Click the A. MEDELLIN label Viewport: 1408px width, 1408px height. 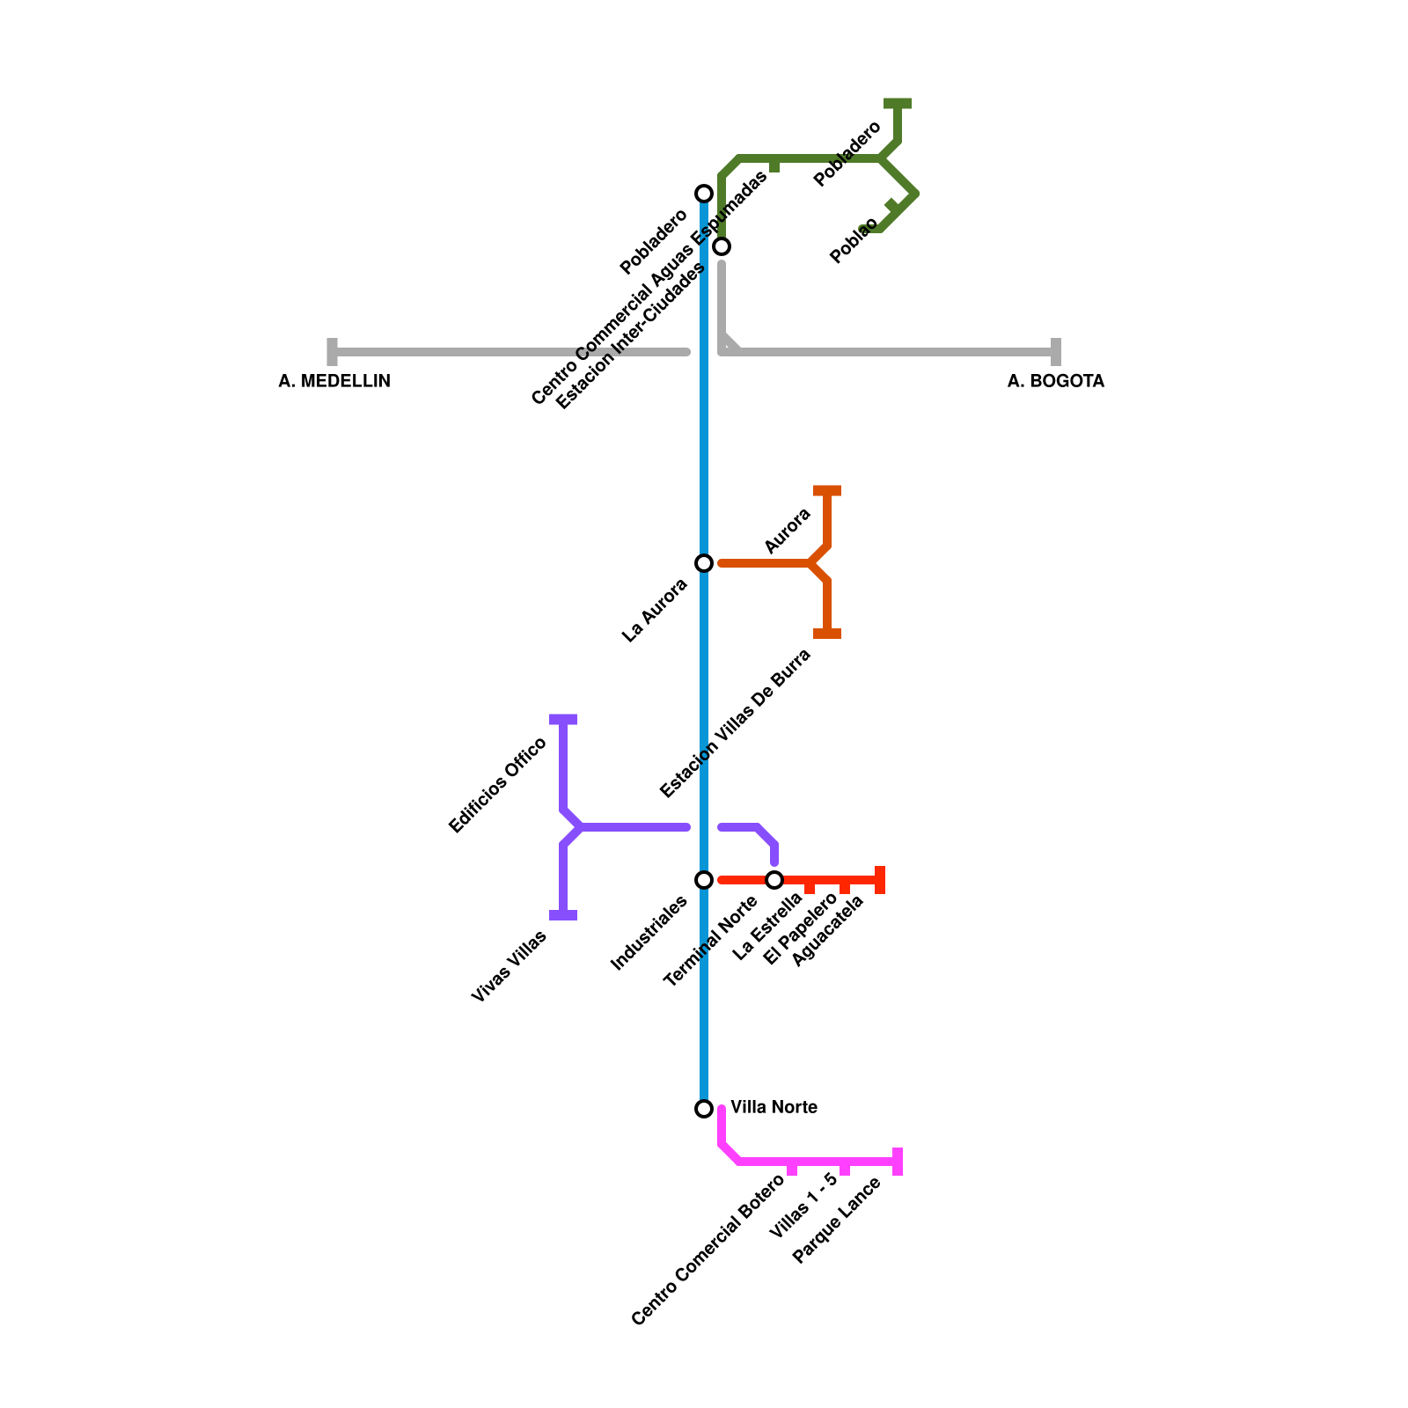point(334,381)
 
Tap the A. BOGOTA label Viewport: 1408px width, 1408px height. point(1055,381)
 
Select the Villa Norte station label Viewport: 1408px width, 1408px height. point(774,1107)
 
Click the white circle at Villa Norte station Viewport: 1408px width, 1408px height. point(704,1109)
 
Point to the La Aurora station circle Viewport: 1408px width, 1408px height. point(704,563)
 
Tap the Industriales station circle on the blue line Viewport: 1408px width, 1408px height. point(704,880)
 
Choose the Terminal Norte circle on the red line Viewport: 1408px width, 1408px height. point(774,880)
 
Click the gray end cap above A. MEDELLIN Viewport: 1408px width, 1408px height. point(333,352)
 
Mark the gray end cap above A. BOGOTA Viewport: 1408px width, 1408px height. point(1056,352)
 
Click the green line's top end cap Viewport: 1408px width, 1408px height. point(898,104)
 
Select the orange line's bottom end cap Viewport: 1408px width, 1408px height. point(827,634)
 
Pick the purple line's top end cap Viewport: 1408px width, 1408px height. point(563,720)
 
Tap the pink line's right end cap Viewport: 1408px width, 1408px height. point(898,1162)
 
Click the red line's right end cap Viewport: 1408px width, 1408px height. point(880,880)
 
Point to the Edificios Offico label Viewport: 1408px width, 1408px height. point(497,785)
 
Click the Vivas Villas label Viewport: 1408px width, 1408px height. point(509,966)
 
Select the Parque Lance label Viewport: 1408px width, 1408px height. point(836,1221)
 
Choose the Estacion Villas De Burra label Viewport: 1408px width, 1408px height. point(735,723)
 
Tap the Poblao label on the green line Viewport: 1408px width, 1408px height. point(854,240)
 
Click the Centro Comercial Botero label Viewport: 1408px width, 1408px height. point(708,1250)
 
